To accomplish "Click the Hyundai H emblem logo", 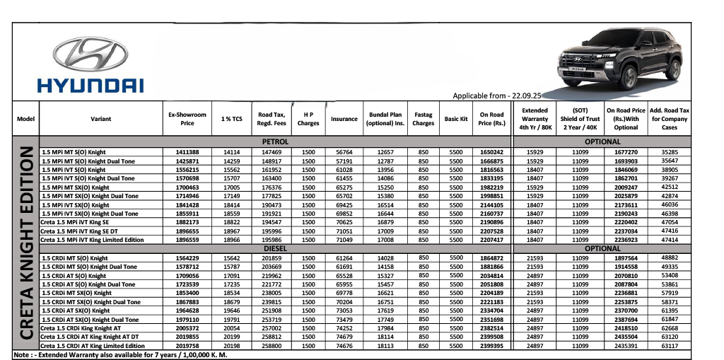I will tap(90, 54).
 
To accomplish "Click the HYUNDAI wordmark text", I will tap(90, 86).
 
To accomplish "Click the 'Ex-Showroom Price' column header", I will tap(187, 119).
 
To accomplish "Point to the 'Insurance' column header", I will tap(344, 120).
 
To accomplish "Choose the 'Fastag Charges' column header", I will tap(424, 119).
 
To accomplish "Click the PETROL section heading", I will tap(275, 142).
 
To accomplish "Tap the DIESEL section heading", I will tap(275, 249).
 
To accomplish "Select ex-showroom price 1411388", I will tap(187, 152).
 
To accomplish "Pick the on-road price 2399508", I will tap(491, 337).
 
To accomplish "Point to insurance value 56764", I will tap(344, 152).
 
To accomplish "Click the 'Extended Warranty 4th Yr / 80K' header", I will tap(535, 119).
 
